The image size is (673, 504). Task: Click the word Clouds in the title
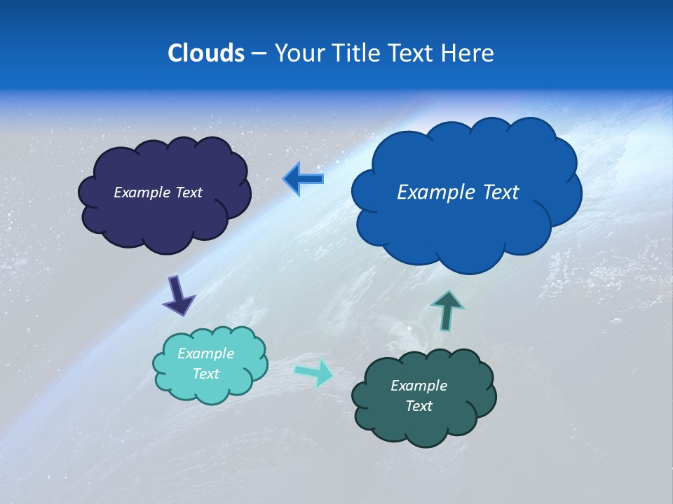[x=205, y=53]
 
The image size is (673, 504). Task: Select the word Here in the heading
[x=468, y=53]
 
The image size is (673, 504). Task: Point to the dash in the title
[x=259, y=54]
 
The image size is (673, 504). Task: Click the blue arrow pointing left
[x=304, y=178]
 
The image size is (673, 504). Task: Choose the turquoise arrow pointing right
[x=314, y=372]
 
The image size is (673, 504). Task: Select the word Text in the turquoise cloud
[x=206, y=374]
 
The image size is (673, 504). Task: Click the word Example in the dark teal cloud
[x=419, y=386]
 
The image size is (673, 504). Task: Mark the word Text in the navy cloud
[x=188, y=192]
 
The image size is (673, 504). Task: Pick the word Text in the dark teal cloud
[x=419, y=406]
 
